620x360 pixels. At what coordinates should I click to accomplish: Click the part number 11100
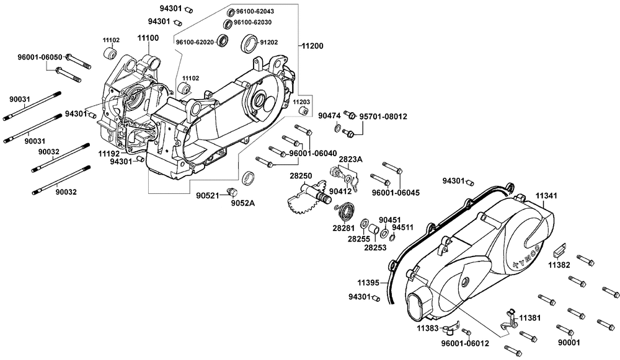[148, 38]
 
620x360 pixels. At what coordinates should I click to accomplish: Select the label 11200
[313, 45]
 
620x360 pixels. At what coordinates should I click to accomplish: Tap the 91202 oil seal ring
[249, 43]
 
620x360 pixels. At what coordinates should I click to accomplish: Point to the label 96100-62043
[255, 12]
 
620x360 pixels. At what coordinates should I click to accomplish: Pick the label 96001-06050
[39, 57]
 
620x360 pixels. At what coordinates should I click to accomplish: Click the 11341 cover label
[546, 195]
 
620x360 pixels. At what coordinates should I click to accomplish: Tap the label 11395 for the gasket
[368, 282]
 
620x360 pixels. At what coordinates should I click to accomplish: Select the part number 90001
[568, 341]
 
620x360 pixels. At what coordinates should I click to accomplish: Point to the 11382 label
[558, 265]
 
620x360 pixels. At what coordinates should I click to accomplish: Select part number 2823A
[350, 160]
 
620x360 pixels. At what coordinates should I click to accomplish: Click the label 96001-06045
[396, 193]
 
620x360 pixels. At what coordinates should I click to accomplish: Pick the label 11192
[109, 152]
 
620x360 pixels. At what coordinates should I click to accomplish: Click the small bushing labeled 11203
[303, 111]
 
